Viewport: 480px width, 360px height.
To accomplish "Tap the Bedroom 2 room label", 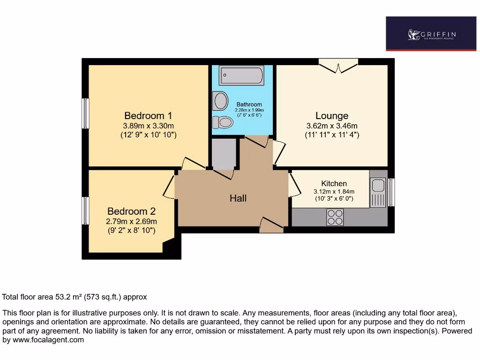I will (x=131, y=211).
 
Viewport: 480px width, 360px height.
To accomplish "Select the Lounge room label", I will (x=331, y=116).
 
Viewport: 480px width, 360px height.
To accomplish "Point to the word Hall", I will (x=238, y=198).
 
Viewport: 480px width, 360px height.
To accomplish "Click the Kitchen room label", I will (x=334, y=183).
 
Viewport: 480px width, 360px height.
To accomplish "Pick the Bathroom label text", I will (x=249, y=104).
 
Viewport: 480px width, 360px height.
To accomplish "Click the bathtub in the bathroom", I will (x=241, y=75).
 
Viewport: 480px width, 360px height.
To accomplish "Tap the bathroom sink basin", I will (x=219, y=100).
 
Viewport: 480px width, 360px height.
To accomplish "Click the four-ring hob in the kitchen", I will (x=335, y=217).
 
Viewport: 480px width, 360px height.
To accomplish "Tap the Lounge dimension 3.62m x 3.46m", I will (x=331, y=126).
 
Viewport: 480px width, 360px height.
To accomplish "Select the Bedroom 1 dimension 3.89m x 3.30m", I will (x=148, y=126).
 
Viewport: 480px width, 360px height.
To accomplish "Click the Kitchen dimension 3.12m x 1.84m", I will (x=334, y=191).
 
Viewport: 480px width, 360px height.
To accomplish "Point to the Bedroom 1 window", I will (x=85, y=113).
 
